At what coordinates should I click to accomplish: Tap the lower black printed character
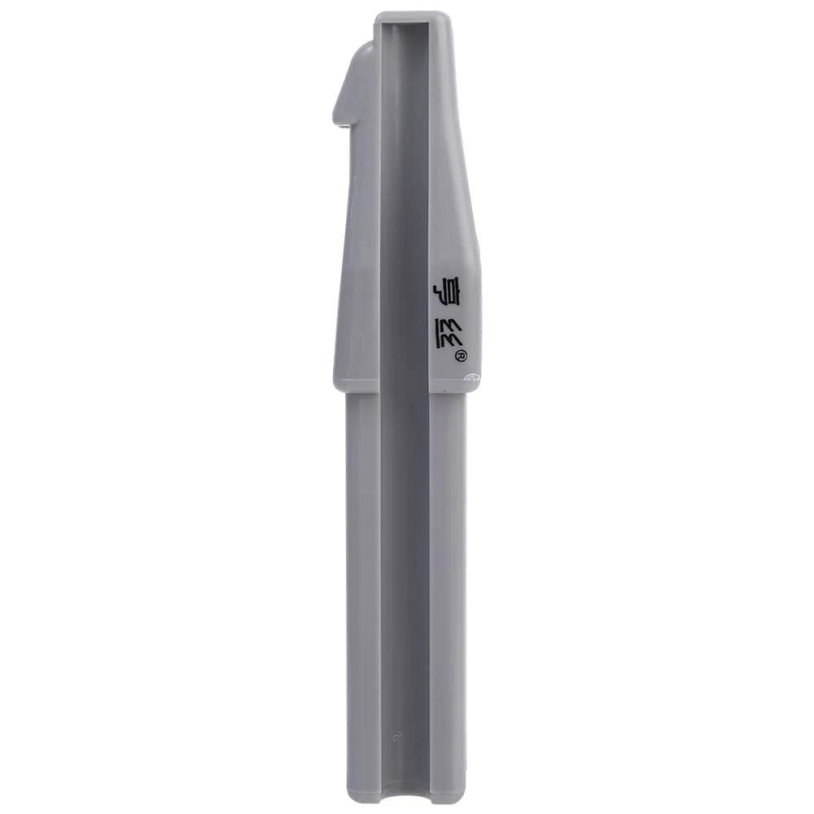pos(448,333)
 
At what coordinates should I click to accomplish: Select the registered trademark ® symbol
pos(462,356)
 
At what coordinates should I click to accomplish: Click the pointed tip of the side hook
pos(335,122)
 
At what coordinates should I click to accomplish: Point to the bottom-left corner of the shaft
pos(348,800)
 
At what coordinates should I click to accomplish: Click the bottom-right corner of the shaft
pos(465,800)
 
